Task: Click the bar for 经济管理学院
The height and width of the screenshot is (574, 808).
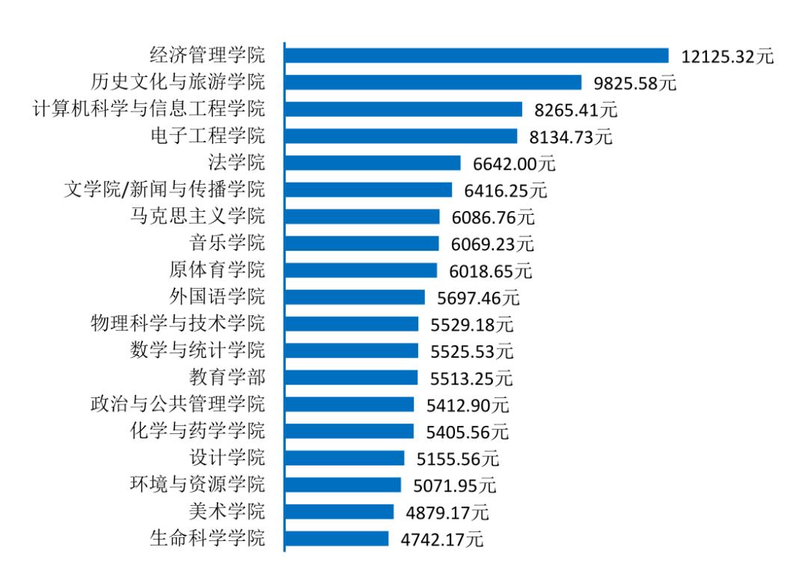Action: pos(477,56)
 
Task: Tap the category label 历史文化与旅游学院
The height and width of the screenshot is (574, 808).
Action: pos(177,82)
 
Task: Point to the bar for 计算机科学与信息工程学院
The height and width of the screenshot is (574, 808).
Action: pos(403,109)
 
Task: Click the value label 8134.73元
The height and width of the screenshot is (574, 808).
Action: pos(572,137)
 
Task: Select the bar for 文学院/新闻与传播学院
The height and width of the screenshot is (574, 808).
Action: pos(368,190)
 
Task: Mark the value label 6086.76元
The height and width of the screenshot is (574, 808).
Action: pos(494,218)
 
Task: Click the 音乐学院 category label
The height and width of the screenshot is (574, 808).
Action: pos(227,243)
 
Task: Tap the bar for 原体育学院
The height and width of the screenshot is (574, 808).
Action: pos(361,270)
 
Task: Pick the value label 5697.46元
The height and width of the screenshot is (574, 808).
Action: pos(478,298)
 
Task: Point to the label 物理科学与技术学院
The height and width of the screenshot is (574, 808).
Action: pos(177,324)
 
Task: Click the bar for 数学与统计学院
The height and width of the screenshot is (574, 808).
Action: pos(352,351)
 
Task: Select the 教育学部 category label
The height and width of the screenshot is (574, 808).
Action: pos(227,378)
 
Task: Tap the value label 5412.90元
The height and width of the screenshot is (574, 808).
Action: pos(468,406)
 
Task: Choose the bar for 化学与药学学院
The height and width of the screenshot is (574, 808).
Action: pos(349,431)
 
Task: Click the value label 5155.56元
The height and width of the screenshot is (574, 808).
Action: pos(458,459)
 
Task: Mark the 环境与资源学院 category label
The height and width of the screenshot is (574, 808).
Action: pos(198,485)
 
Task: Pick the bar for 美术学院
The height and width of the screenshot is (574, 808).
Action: pos(339,512)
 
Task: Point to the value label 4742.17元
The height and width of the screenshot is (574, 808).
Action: pos(442,540)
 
